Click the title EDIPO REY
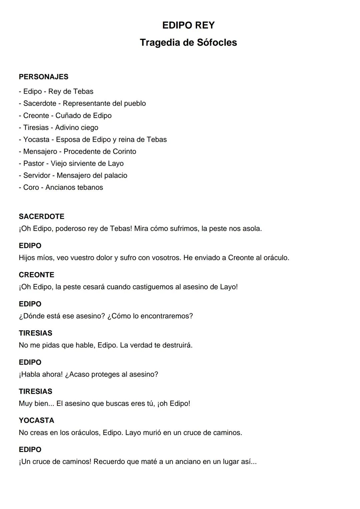click(x=188, y=25)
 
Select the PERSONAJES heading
click(x=44, y=77)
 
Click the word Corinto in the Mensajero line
click(x=124, y=152)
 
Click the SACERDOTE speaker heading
click(x=42, y=217)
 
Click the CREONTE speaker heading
click(x=36, y=275)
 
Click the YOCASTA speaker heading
click(x=36, y=421)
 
